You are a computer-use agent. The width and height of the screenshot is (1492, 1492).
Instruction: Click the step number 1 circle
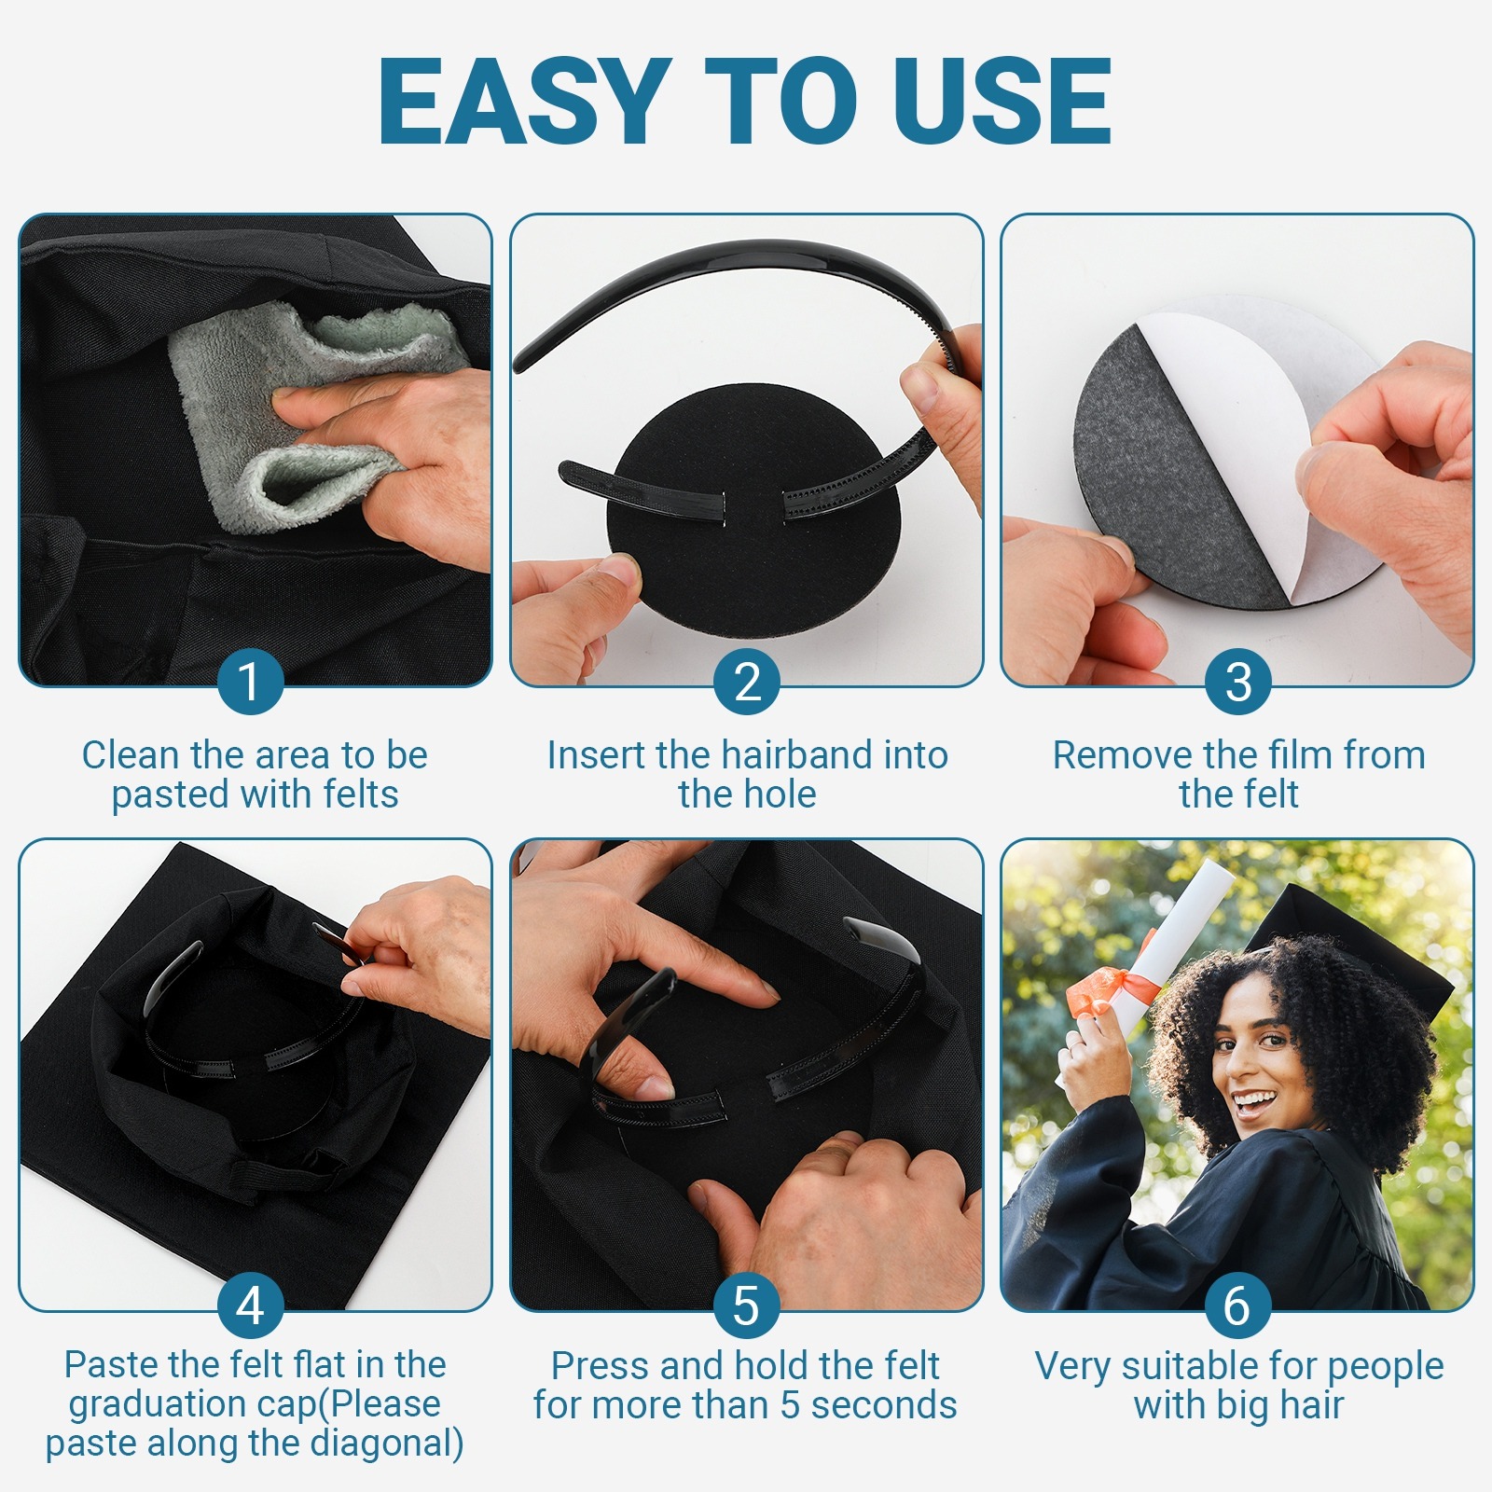pos(250,682)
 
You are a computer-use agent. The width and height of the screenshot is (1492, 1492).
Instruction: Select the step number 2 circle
pos(747,682)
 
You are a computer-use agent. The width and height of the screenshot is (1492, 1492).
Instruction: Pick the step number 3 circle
pos(1238,682)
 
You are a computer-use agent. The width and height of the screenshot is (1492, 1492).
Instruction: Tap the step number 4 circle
pos(250,1305)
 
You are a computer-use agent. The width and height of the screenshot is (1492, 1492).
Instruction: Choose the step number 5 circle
pos(747,1305)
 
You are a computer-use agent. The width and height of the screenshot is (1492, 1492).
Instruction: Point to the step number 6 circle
pos(1238,1305)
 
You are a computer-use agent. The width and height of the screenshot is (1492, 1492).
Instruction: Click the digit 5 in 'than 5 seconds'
pos(791,1405)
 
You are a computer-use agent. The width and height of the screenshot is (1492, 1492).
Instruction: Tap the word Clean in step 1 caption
pos(130,755)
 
